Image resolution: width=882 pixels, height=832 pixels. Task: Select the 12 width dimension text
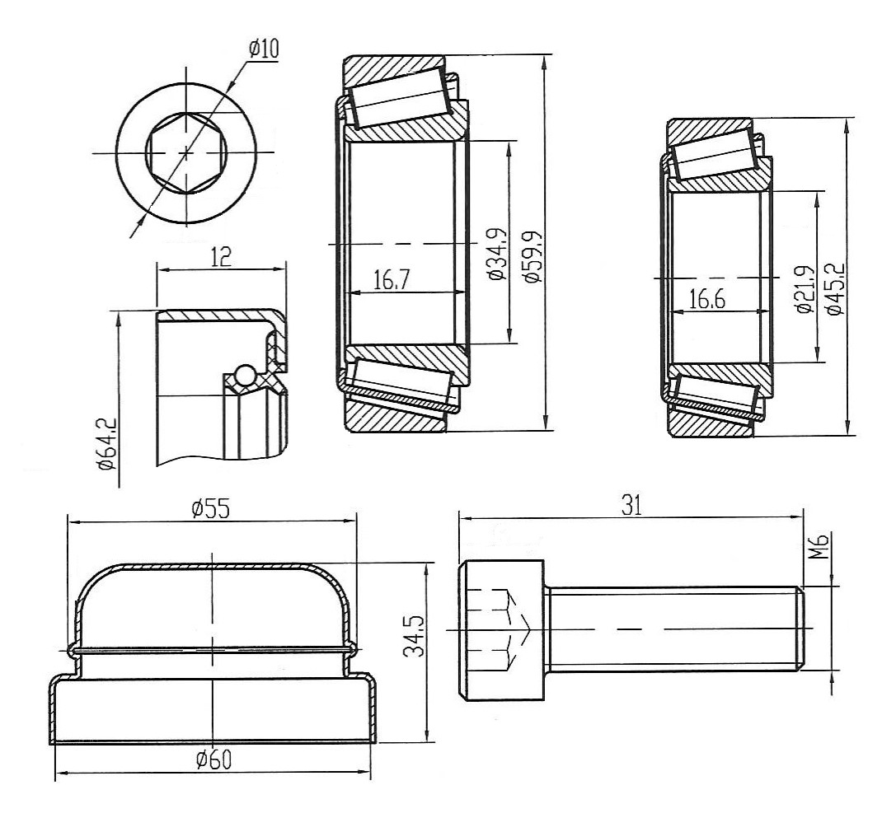pyautogui.click(x=219, y=258)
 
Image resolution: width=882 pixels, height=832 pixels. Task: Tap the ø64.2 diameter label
pyautogui.click(x=106, y=442)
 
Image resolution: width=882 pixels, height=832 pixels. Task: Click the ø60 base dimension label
pyautogui.click(x=213, y=760)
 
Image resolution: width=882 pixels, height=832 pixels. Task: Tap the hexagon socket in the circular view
pyautogui.click(x=186, y=152)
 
